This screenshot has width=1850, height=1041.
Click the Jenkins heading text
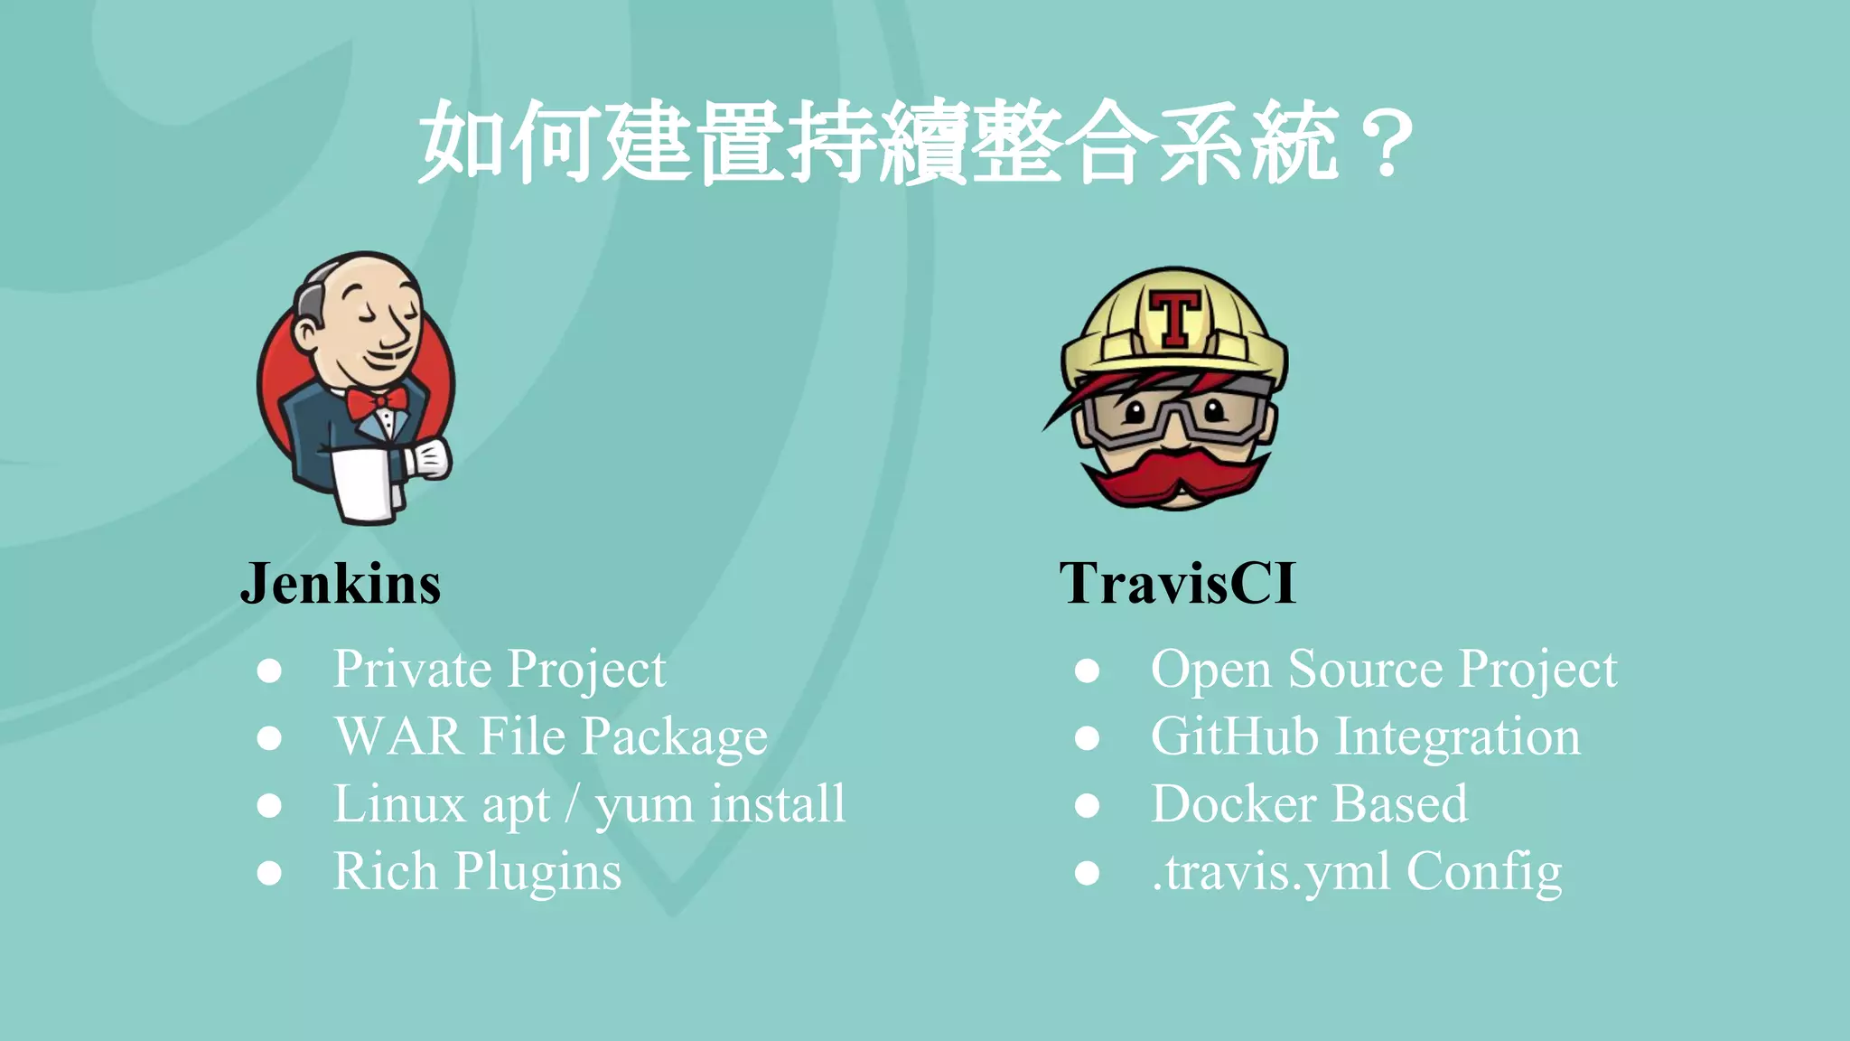341,584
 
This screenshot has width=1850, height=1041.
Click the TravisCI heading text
1177,584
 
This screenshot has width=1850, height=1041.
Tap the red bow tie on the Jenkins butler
376,400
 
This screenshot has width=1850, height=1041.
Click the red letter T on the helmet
1175,317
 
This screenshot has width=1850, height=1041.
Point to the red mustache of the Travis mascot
1175,479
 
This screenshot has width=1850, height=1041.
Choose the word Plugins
537,872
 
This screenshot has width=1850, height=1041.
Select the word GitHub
1234,736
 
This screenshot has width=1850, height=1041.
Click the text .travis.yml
1270,872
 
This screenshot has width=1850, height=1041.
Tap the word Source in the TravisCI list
1365,670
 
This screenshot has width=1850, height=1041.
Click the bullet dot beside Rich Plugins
269,873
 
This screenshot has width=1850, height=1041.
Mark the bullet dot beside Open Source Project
1087,671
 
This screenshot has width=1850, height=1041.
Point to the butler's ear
305,335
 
